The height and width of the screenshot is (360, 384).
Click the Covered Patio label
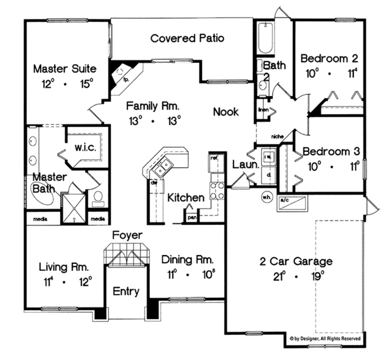(187, 38)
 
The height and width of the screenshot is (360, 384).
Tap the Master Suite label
(64, 67)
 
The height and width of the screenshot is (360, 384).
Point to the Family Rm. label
(152, 106)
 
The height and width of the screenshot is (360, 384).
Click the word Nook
(226, 112)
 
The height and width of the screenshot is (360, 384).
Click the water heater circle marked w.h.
(266, 197)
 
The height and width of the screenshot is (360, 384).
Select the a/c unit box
(292, 204)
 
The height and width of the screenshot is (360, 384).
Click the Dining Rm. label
(187, 260)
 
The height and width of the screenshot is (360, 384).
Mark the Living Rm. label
(63, 266)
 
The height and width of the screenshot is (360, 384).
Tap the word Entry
(126, 291)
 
